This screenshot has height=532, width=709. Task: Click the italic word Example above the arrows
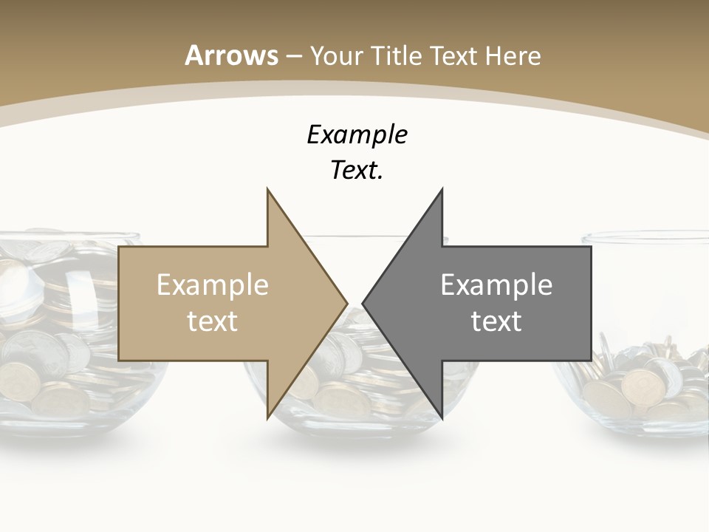tap(357, 134)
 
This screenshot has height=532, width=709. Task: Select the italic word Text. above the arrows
tap(357, 171)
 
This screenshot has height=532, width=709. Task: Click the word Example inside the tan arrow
tap(213, 284)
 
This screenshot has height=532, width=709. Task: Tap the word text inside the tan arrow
tap(213, 321)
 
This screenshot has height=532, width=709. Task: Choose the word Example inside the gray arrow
tap(496, 284)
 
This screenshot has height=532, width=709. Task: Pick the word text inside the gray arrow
tap(496, 321)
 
